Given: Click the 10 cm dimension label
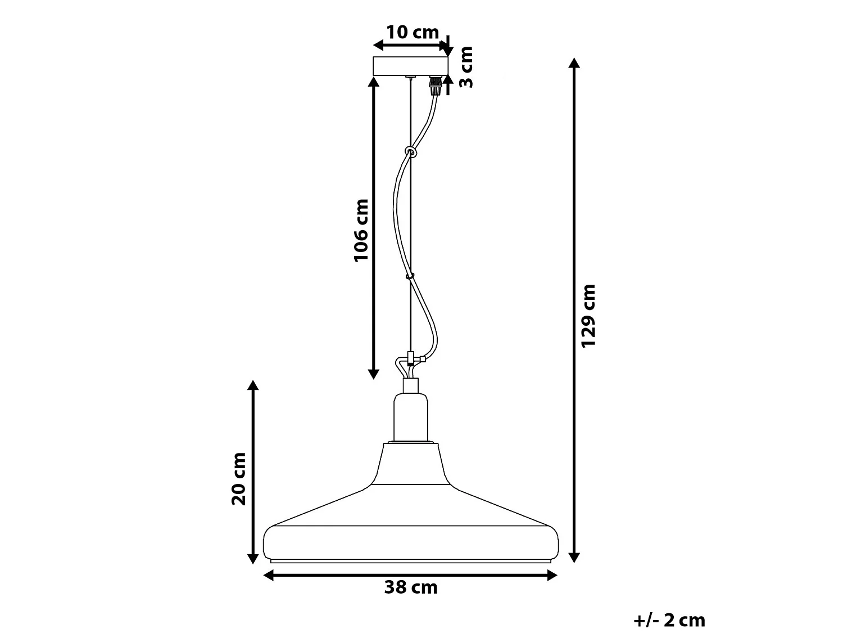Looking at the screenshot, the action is point(413,32).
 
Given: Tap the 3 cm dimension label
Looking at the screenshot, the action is point(466,67).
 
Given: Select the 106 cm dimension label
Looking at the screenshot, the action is point(361,231).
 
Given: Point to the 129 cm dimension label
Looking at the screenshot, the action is point(588,316).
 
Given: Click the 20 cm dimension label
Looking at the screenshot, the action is point(238,478).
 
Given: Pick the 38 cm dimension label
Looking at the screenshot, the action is point(411,587).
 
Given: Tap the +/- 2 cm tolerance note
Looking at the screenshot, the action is point(669,621).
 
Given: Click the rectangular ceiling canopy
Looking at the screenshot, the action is point(411,66).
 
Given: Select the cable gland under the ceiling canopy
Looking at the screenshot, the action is point(434,86).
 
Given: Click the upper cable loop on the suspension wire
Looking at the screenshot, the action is point(411,151).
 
